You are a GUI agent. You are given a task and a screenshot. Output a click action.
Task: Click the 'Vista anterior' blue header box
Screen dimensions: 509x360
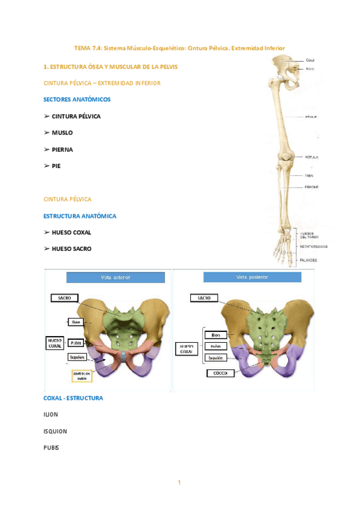coord(115,277)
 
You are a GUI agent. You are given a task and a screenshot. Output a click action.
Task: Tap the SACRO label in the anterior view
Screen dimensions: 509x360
coord(65,298)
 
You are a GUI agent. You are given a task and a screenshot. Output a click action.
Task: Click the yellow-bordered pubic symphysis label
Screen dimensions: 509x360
coord(82,376)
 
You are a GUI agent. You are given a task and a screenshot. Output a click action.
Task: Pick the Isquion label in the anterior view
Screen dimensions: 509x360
coord(77,357)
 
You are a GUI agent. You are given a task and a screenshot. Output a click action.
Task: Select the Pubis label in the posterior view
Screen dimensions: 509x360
coord(216,346)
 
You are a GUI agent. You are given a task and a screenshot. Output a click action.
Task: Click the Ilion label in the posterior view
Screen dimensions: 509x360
coord(216,335)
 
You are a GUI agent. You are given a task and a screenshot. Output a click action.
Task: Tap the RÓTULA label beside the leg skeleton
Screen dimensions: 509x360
coord(311,157)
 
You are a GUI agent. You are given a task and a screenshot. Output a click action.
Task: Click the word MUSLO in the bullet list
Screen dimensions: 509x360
coord(62,133)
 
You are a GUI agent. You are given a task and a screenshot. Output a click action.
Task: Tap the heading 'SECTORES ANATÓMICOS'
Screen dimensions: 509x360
coord(77,99)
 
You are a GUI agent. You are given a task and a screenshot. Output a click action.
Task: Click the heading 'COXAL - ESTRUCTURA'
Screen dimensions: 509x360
coord(73,398)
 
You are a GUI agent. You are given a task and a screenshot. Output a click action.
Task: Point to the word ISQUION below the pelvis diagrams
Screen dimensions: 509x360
coord(55,431)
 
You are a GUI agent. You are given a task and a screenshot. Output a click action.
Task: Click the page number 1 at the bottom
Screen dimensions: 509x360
coord(179,482)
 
